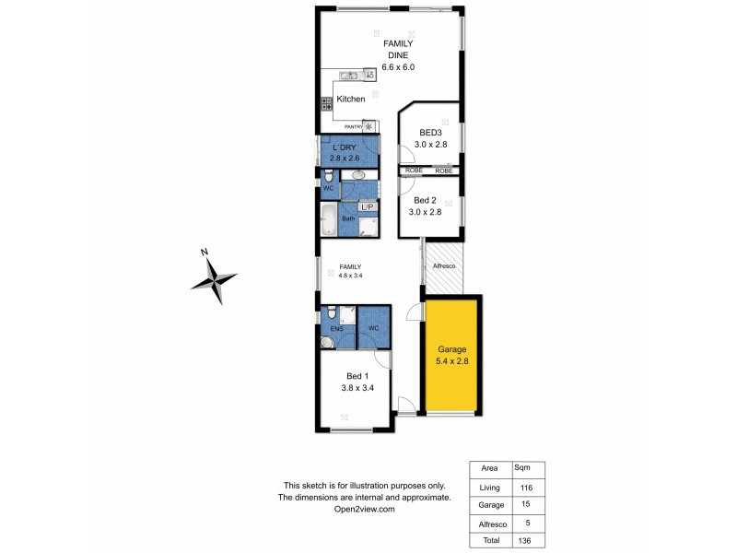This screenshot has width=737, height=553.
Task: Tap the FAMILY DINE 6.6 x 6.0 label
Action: tap(398, 55)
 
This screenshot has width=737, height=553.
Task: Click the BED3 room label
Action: tap(430, 133)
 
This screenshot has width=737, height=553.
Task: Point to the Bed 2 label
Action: tap(425, 200)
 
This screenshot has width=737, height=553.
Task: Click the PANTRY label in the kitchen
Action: tap(353, 127)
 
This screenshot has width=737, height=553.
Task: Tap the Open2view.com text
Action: tap(366, 509)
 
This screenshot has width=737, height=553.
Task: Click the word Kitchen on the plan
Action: tap(351, 99)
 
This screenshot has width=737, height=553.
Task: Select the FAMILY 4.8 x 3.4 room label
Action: tap(351, 270)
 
